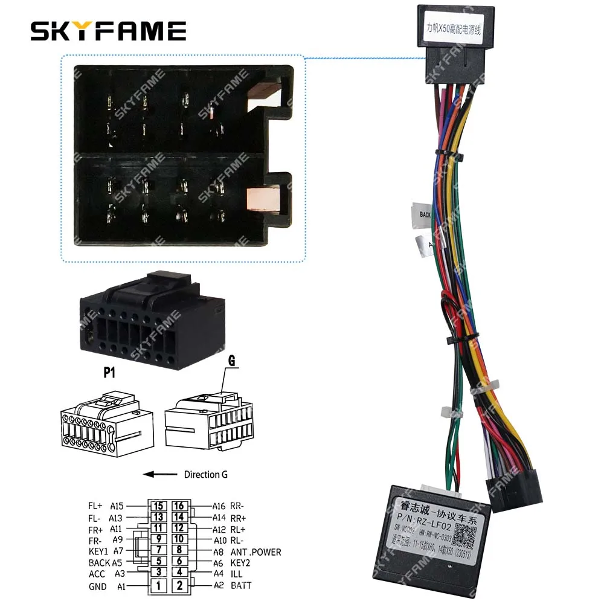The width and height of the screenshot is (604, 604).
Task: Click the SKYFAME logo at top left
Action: [x=108, y=31]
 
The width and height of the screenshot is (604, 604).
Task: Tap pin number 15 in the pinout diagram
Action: [x=159, y=506]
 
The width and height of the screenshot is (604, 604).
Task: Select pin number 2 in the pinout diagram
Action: [x=179, y=585]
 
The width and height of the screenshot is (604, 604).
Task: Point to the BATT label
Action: [x=241, y=585]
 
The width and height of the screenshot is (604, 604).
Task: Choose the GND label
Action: [x=97, y=586]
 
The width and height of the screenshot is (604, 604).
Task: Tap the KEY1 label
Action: [x=98, y=551]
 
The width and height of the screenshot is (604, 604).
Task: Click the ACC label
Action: [x=97, y=574]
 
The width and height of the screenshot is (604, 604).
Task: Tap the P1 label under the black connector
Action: [x=109, y=373]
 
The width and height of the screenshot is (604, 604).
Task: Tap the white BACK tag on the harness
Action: [x=425, y=214]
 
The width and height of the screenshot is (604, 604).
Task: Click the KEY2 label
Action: [x=240, y=562]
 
